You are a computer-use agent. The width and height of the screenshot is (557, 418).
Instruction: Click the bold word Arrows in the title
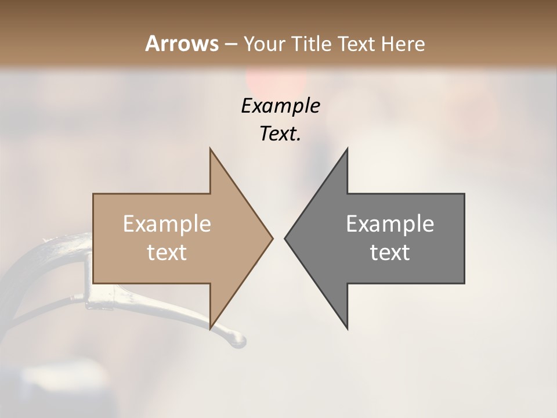pyautogui.click(x=182, y=44)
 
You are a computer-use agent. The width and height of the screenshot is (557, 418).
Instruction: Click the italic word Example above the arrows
pyautogui.click(x=280, y=106)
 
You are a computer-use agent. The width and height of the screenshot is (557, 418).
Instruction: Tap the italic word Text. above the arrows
pyautogui.click(x=280, y=134)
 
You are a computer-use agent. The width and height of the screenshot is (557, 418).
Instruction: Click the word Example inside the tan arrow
pyautogui.click(x=167, y=224)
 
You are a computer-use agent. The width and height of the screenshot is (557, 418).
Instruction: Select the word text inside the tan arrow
pyautogui.click(x=167, y=253)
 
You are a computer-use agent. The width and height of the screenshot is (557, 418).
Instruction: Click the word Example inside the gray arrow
pyautogui.click(x=390, y=224)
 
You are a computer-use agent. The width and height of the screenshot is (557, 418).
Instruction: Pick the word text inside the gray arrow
pyautogui.click(x=390, y=253)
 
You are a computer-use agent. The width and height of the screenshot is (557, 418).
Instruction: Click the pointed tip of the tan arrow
pyautogui.click(x=272, y=238)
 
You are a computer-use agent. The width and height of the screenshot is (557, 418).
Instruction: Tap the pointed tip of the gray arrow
pyautogui.click(x=285, y=238)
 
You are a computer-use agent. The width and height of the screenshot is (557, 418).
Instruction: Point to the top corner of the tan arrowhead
pyautogui.click(x=210, y=149)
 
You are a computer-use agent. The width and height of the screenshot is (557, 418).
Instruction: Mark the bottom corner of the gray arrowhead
pyautogui.click(x=347, y=329)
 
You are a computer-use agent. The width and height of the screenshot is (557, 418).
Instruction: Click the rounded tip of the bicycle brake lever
pyautogui.click(x=240, y=342)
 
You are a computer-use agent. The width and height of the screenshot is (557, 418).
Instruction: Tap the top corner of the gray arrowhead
pyautogui.click(x=347, y=149)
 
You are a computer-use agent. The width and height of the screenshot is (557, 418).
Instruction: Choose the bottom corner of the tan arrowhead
pyautogui.click(x=210, y=329)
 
